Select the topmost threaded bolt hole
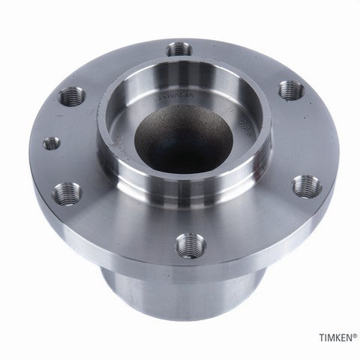[178, 50]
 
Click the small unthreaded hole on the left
[50, 142]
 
